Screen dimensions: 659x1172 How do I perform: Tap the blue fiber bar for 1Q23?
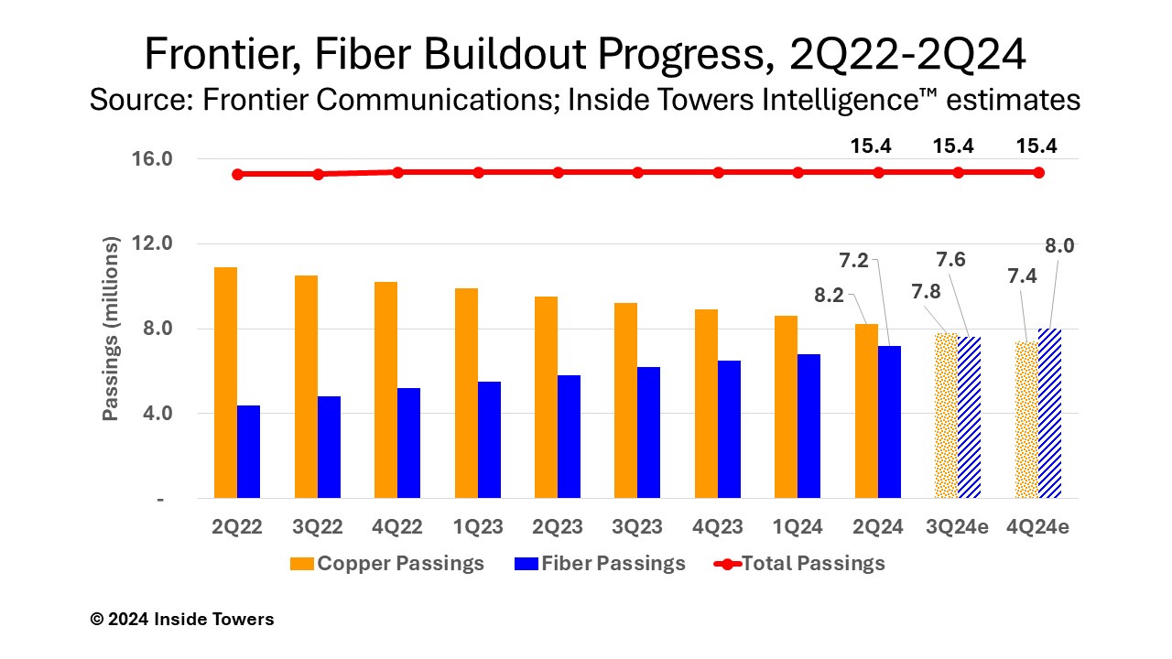click(489, 439)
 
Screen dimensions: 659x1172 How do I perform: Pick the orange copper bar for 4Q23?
click(706, 404)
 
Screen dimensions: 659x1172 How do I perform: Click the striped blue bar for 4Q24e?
click(1049, 413)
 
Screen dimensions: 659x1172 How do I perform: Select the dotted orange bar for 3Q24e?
click(946, 416)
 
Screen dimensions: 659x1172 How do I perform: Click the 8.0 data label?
click(1058, 245)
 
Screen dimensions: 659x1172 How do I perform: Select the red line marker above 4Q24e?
click(1038, 172)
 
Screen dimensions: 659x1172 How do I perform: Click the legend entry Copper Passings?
click(388, 563)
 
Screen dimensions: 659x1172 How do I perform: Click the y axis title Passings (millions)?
click(111, 329)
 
